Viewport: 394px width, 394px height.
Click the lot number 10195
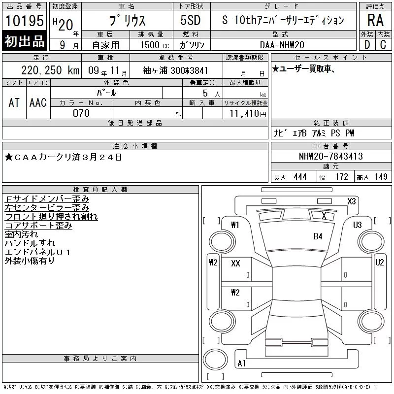(x=24, y=20)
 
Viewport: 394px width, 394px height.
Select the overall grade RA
(x=375, y=20)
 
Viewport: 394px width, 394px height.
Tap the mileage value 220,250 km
(x=50, y=70)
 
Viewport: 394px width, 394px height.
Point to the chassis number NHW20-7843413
(x=331, y=156)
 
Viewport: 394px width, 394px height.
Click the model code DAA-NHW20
(x=282, y=45)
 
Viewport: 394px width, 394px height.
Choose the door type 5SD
(x=191, y=20)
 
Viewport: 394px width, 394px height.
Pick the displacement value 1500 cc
(x=155, y=45)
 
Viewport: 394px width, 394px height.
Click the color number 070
(x=81, y=113)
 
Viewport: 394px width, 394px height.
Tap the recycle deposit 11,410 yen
(x=248, y=114)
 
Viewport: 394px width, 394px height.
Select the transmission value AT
(x=14, y=102)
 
